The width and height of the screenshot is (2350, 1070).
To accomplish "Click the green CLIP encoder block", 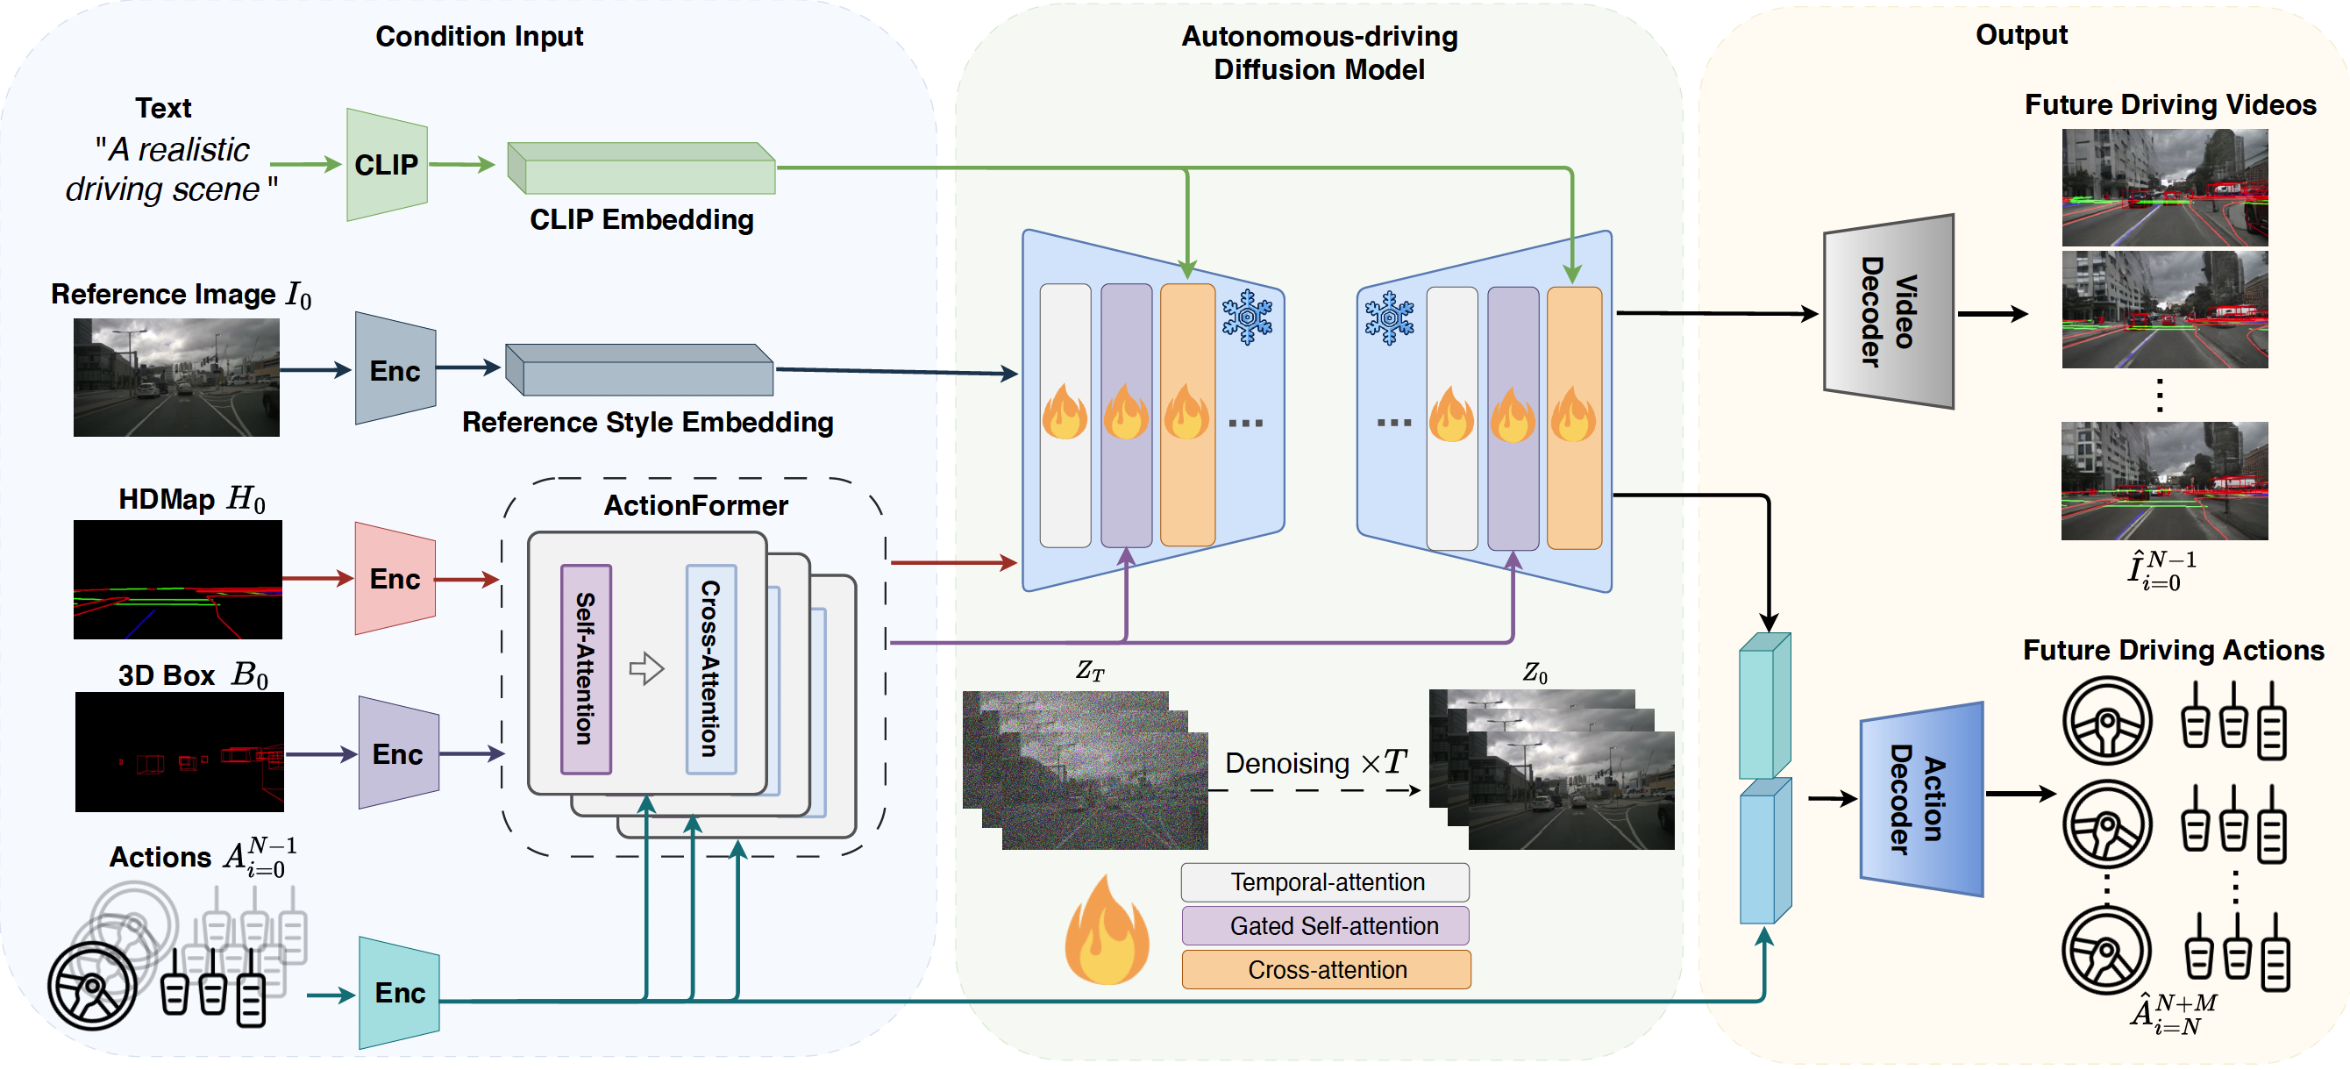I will tap(386, 165).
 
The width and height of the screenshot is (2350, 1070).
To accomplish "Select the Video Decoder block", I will tap(1888, 312).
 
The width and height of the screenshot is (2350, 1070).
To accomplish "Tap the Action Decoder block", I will tap(1919, 799).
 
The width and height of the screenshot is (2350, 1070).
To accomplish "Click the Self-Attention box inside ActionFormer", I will tap(586, 668).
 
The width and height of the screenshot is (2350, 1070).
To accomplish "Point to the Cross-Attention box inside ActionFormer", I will tap(710, 668).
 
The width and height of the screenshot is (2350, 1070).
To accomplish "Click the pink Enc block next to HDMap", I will tap(394, 578).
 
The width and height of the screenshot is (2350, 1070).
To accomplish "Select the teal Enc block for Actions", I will tap(399, 993).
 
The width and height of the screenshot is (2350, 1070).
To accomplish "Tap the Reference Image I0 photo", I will tap(176, 377).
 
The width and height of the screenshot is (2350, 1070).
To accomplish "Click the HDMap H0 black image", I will tap(178, 579).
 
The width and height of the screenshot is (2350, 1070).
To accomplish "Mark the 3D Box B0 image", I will tap(180, 752).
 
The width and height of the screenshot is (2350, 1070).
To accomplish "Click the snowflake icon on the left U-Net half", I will tap(1246, 317).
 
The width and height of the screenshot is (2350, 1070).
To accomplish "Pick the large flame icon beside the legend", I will tap(1106, 931).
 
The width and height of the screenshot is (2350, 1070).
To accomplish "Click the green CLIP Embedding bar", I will tap(641, 168).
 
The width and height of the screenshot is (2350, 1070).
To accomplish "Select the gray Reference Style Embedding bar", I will tap(639, 370).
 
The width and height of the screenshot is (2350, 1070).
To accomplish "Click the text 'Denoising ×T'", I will tap(1314, 762).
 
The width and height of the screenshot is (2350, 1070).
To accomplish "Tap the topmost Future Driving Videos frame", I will tap(2164, 187).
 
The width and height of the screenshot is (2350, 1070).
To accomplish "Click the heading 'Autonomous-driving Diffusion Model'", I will tap(1318, 53).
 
